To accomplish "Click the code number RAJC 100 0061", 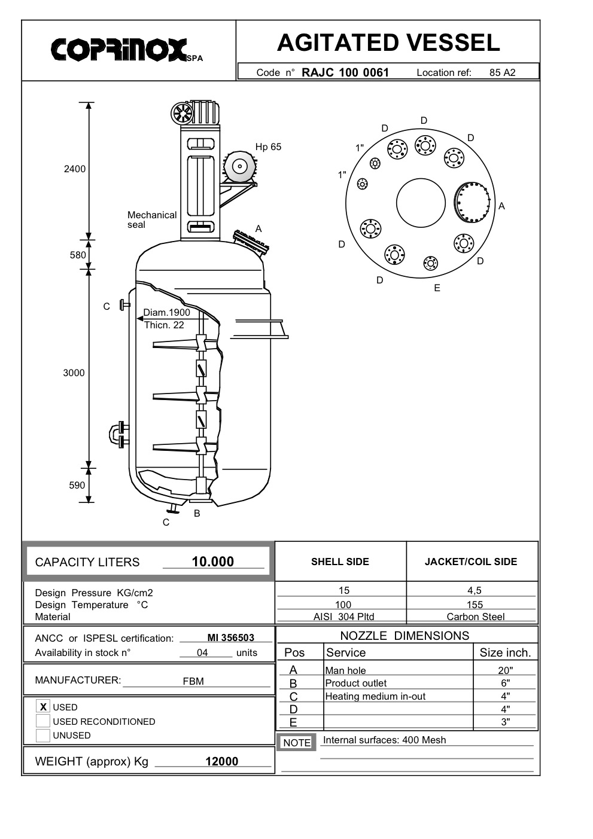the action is [x=345, y=72].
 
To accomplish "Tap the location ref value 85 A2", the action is [x=502, y=73].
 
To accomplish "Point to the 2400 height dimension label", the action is [x=75, y=169].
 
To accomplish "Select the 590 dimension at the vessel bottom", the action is [x=77, y=485].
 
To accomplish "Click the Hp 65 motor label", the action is [x=268, y=147].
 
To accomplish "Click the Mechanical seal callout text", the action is [x=152, y=220].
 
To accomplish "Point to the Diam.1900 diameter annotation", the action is [x=166, y=312].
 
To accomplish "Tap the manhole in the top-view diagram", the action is [x=472, y=202].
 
